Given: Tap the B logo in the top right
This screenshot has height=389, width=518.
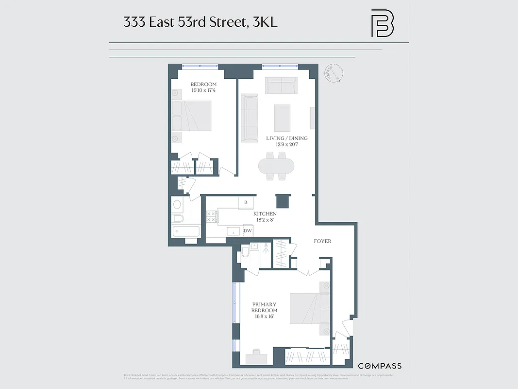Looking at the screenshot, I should click(382, 23).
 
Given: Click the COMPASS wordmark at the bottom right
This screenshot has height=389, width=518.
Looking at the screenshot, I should click(380, 366).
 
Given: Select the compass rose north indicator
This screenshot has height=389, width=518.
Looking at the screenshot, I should click(334, 73).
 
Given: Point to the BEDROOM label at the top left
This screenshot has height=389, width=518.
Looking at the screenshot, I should click(203, 85).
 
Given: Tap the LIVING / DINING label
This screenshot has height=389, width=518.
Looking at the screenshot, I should click(286, 138).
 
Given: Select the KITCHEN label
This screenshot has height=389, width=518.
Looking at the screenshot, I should click(265, 214).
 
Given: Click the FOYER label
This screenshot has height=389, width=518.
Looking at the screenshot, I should click(322, 241).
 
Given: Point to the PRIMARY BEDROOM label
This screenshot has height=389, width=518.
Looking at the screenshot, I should click(265, 307).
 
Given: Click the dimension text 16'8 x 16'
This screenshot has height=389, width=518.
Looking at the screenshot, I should click(265, 317).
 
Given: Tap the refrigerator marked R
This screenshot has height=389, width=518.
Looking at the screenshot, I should click(246, 202).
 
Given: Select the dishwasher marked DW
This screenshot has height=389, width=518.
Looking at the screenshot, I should click(248, 231).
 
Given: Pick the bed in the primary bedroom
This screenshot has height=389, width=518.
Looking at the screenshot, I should click(309, 308).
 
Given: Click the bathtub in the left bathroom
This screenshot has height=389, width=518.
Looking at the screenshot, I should click(185, 231).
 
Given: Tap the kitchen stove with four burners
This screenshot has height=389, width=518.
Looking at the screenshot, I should click(211, 216).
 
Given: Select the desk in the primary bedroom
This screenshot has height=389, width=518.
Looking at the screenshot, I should click(256, 359).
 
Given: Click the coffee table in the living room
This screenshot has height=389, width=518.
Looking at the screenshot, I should click(282, 118).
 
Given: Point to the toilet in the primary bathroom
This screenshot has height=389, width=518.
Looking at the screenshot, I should click(246, 252).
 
